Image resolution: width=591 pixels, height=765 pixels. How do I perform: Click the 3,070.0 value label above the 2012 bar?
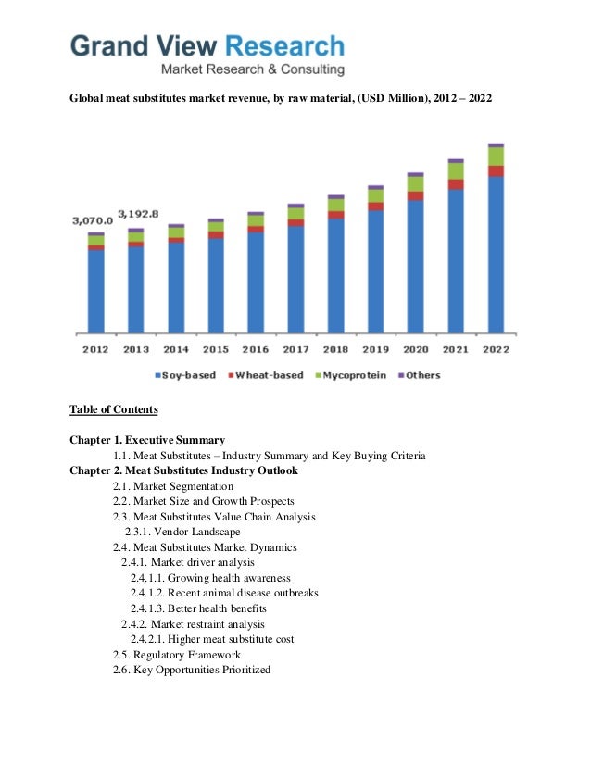[92, 220]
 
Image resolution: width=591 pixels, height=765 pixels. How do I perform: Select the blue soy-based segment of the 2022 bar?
[496, 254]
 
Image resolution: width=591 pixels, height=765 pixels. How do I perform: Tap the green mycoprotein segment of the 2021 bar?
[456, 171]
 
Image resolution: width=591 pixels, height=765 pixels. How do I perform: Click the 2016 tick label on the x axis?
[255, 349]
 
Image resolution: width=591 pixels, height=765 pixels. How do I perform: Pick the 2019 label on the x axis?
[375, 349]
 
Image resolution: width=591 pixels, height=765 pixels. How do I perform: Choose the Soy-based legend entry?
[185, 375]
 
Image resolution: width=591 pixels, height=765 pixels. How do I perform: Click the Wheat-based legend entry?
[264, 375]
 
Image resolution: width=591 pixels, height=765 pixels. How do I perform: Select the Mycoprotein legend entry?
[351, 375]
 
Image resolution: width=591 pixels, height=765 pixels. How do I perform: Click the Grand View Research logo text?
[208, 45]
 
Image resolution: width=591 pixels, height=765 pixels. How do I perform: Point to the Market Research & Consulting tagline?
[253, 70]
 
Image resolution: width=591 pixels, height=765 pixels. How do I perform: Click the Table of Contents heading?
[114, 409]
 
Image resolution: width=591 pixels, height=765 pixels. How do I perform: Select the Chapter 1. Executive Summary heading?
[147, 439]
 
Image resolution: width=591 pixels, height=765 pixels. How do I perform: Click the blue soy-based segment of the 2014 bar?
[175, 287]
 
